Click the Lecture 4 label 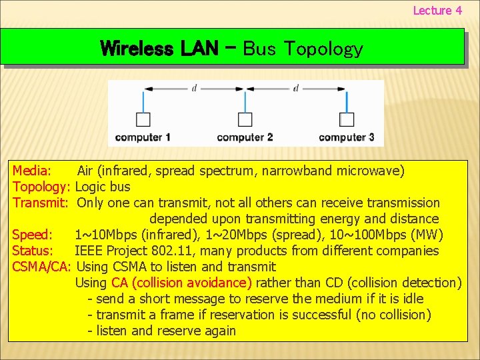click(x=437, y=10)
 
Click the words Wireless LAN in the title click(x=159, y=48)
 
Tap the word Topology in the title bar click(x=323, y=49)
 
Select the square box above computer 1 click(x=143, y=119)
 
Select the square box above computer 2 click(x=245, y=119)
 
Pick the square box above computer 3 click(x=347, y=119)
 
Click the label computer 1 click(x=143, y=137)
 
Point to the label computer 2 click(x=245, y=137)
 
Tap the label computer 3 click(x=347, y=137)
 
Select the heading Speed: click(x=33, y=235)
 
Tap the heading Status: click(x=33, y=251)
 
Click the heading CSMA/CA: click(x=42, y=267)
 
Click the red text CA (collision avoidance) click(x=181, y=283)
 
